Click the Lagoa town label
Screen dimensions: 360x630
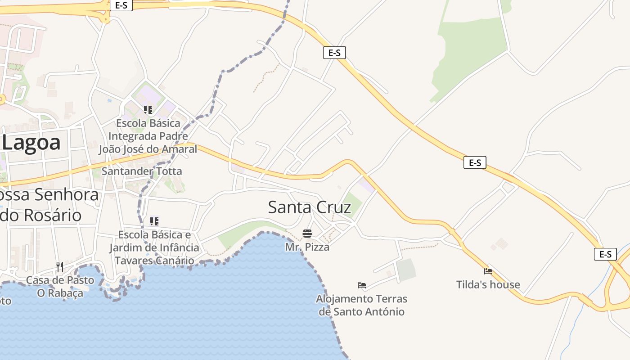(x=31, y=143)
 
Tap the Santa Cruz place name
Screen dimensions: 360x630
(x=309, y=207)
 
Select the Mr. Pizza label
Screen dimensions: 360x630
(x=307, y=247)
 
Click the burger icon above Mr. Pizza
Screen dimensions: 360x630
(x=307, y=234)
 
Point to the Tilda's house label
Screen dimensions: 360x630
(x=488, y=284)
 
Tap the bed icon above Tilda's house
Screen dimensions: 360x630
(x=488, y=271)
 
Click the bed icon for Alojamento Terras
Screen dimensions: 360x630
(x=361, y=285)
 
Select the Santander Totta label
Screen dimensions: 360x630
(x=142, y=171)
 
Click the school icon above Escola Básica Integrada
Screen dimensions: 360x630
(x=148, y=109)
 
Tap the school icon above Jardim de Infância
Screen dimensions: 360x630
(x=154, y=221)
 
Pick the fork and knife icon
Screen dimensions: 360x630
(x=59, y=267)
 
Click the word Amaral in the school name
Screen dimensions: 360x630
(x=180, y=149)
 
